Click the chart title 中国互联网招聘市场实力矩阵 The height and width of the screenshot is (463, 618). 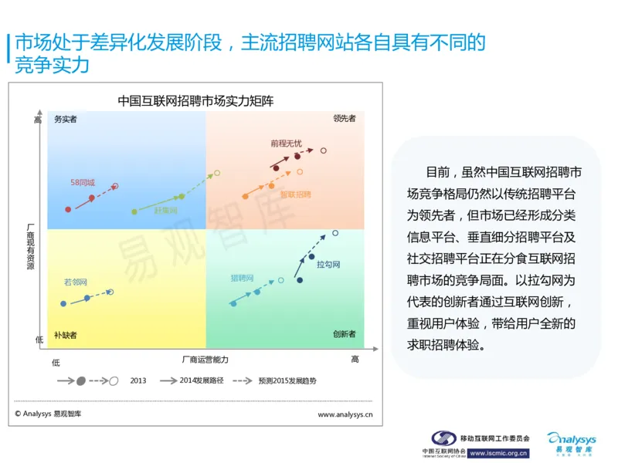click(195, 100)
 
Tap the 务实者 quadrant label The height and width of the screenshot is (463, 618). click(66, 119)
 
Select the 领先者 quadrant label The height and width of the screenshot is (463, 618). click(345, 119)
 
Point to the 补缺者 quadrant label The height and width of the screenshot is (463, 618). click(66, 335)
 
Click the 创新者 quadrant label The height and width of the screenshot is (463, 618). click(345, 334)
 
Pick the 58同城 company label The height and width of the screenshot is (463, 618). click(83, 183)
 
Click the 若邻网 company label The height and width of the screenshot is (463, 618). click(76, 282)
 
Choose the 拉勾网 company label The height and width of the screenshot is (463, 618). click(328, 265)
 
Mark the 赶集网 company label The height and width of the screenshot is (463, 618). click(165, 211)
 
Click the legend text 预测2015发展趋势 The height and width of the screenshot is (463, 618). click(287, 380)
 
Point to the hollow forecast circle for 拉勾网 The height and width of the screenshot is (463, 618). click(335, 233)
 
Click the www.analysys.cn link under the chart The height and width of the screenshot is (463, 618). click(345, 414)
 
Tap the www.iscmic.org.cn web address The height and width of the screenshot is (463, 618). click(499, 453)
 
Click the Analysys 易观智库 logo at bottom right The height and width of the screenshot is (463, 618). click(570, 443)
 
